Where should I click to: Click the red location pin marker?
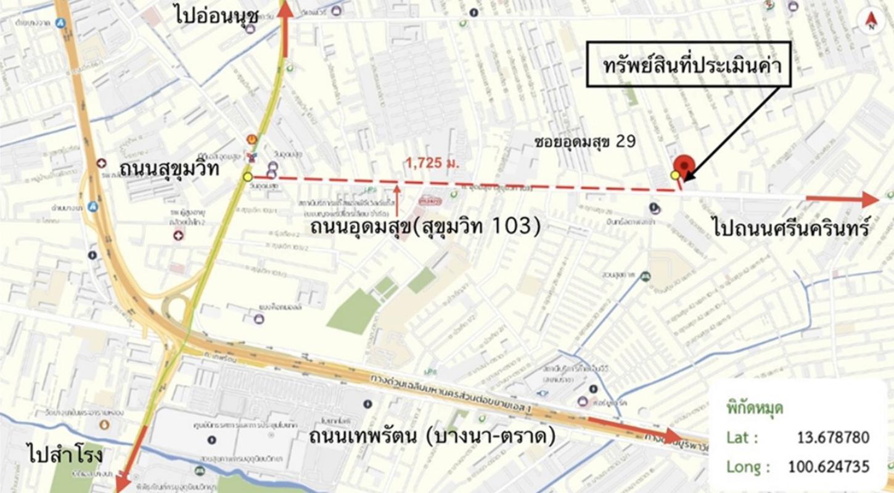pyautogui.click(x=684, y=166)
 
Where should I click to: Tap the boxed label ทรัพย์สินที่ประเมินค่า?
pyautogui.click(x=688, y=64)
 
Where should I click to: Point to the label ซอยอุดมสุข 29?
pyautogui.click(x=585, y=141)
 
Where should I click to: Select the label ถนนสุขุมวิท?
pyautogui.click(x=170, y=168)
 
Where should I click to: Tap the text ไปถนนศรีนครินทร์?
pyautogui.click(x=792, y=229)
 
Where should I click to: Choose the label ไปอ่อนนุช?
pyautogui.click(x=215, y=15)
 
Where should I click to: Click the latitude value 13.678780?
pyautogui.click(x=833, y=438)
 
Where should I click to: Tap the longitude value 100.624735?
pyautogui.click(x=829, y=466)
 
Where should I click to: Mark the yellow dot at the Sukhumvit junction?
pyautogui.click(x=248, y=177)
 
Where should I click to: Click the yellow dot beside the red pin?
pyautogui.click(x=675, y=175)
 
